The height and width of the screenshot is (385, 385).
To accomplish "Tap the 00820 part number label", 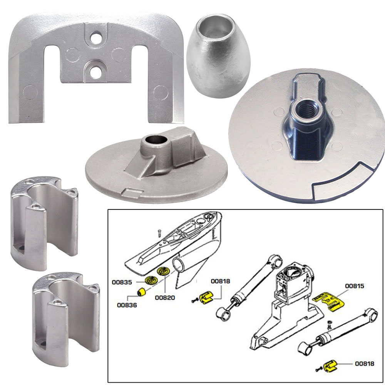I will click(x=165, y=297).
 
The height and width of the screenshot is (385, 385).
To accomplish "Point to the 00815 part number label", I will click(x=355, y=286).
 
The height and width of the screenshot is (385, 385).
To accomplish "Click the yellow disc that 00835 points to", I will click(x=150, y=280).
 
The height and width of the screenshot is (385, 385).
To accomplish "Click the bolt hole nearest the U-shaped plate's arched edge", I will click(x=94, y=39).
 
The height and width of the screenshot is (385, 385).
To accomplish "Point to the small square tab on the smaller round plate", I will click(x=128, y=191).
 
